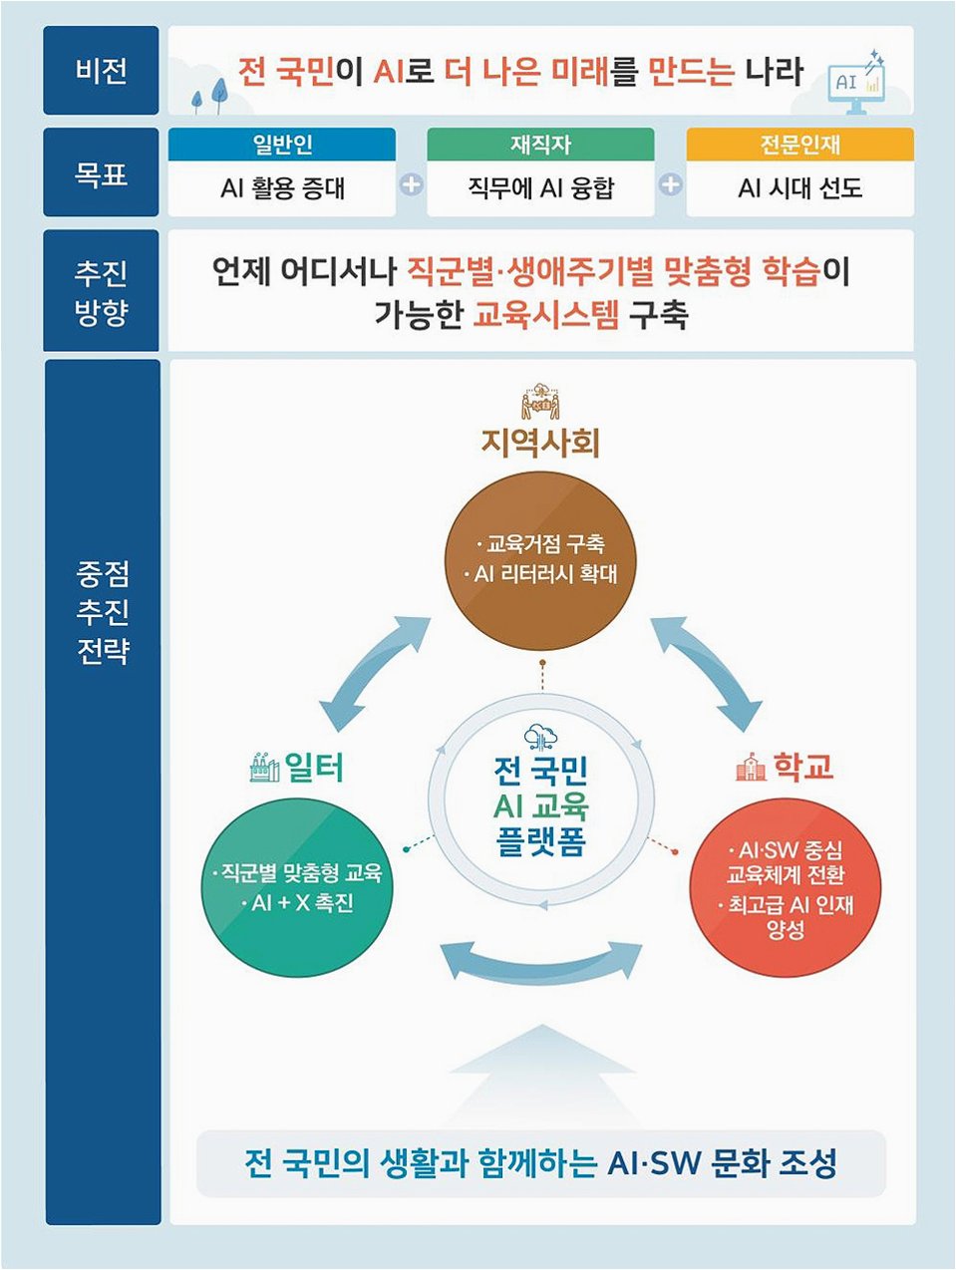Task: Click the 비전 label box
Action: click(x=101, y=71)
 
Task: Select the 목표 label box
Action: click(x=101, y=172)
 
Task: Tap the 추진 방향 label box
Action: click(x=101, y=291)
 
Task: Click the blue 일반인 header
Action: click(x=282, y=145)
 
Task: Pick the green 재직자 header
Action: click(x=540, y=145)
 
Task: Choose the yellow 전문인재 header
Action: click(x=799, y=145)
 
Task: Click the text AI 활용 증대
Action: click(x=282, y=188)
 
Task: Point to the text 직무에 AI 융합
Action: click(x=540, y=188)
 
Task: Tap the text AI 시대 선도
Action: click(x=799, y=188)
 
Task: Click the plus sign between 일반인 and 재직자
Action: click(x=411, y=184)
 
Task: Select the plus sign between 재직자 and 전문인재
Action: click(x=671, y=184)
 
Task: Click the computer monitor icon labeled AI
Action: click(x=855, y=82)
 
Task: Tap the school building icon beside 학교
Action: click(x=749, y=767)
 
